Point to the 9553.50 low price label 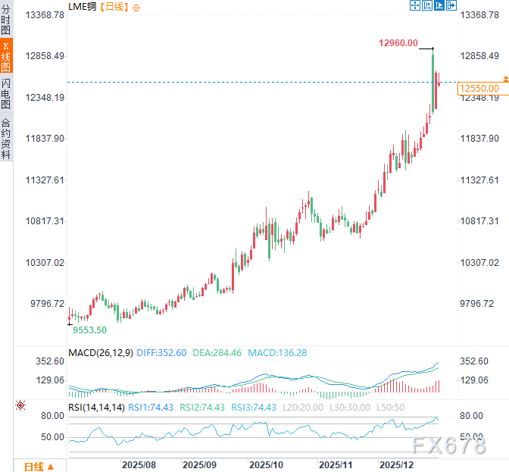pyautogui.click(x=89, y=330)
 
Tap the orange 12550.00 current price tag pyautogui.click(x=478, y=89)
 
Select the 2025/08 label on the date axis pyautogui.click(x=139, y=464)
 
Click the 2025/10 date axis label pyautogui.click(x=266, y=464)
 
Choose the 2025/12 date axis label pyautogui.click(x=395, y=464)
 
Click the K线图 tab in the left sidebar pyautogui.click(x=6, y=56)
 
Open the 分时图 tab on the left pyautogui.click(x=6, y=19)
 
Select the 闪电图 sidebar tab pyautogui.click(x=6, y=94)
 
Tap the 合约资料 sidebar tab pyautogui.click(x=6, y=138)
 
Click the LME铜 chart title pyautogui.click(x=83, y=7)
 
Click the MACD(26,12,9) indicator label pyautogui.click(x=101, y=353)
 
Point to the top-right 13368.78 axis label pyautogui.click(x=482, y=15)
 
